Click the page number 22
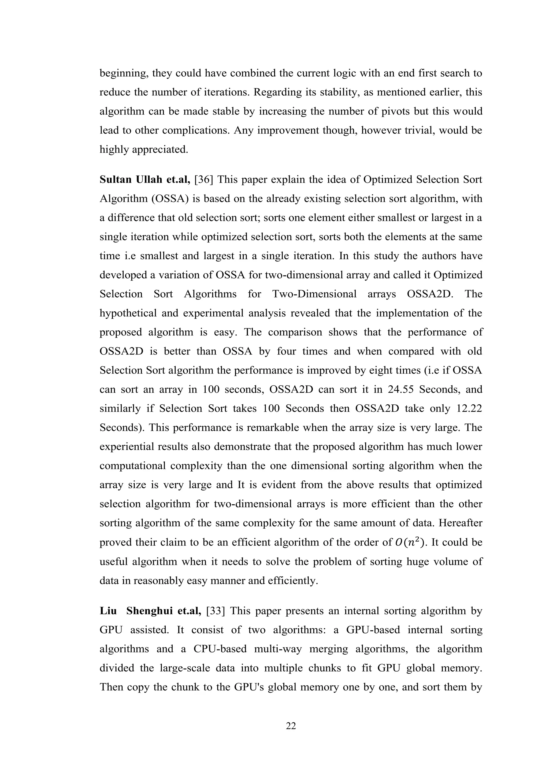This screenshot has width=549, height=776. tap(291, 726)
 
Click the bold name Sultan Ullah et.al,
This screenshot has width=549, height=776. tap(145, 180)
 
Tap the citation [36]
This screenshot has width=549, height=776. tap(204, 180)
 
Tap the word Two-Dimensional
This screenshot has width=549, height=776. tap(314, 294)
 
